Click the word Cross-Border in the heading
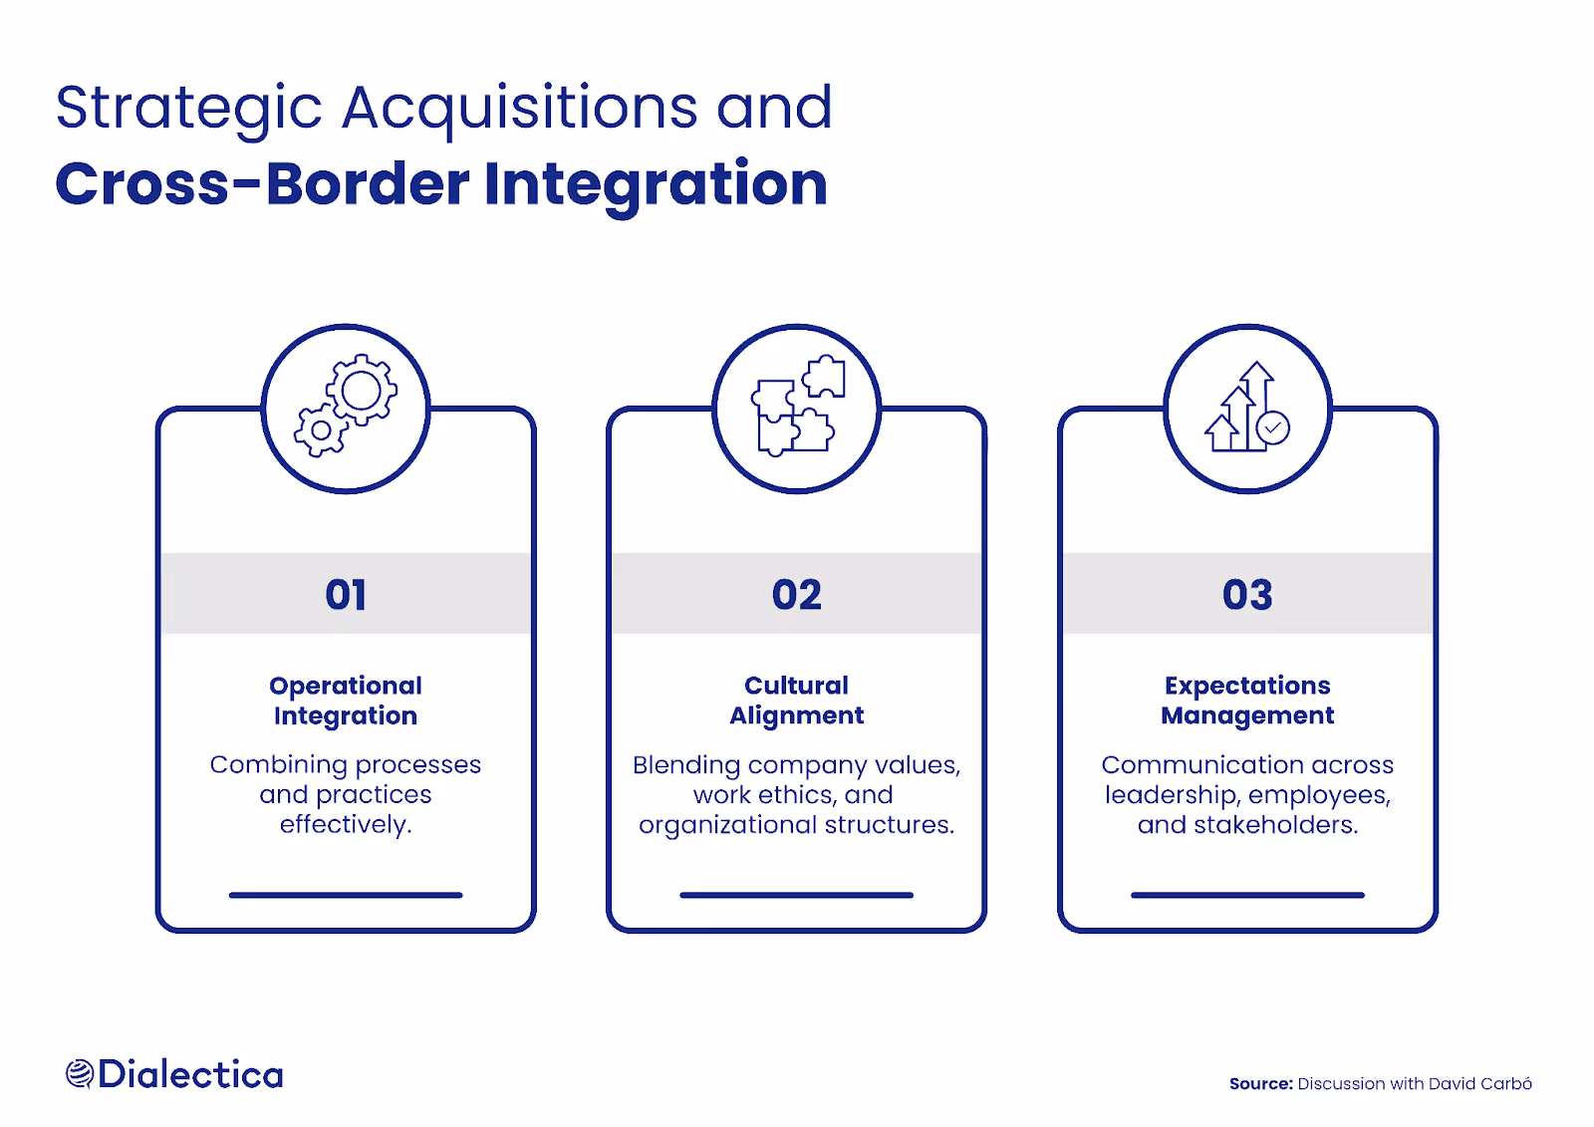[x=262, y=185]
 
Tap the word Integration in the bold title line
[x=656, y=185]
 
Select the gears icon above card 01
[x=346, y=408]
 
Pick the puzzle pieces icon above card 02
[x=797, y=408]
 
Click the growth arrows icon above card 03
[x=1247, y=408]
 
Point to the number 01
[x=346, y=595]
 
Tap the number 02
[x=797, y=595]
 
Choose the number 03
[x=1247, y=595]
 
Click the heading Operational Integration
[x=346, y=701]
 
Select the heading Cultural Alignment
[x=797, y=701]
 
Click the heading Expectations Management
[x=1247, y=701]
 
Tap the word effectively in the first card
[x=345, y=825]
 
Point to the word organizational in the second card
[x=727, y=826]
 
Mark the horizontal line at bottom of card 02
[x=797, y=895]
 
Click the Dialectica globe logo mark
[x=80, y=1074]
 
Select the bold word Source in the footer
[x=1260, y=1084]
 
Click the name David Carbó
[x=1479, y=1084]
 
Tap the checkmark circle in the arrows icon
[x=1272, y=427]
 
